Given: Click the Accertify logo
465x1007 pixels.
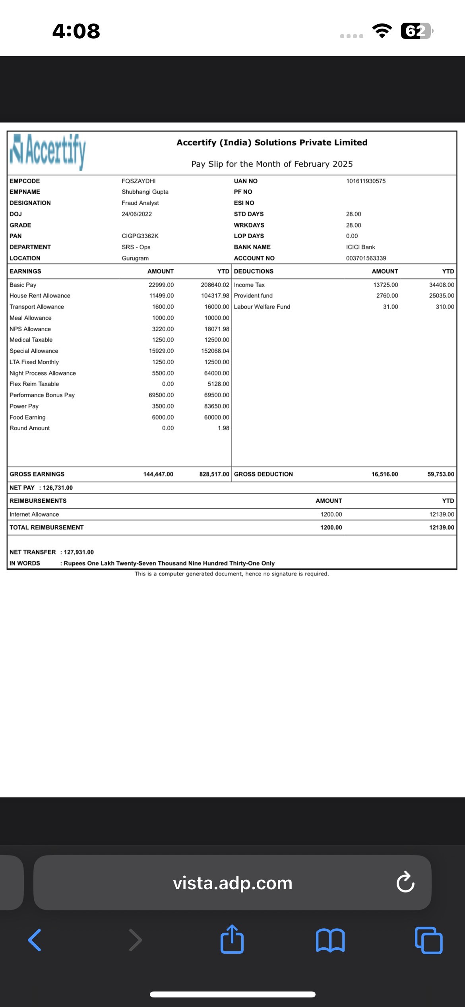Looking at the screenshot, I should [x=48, y=152].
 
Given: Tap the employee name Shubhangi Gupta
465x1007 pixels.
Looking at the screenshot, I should [x=145, y=192].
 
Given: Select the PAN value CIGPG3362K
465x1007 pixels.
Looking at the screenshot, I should [x=140, y=236].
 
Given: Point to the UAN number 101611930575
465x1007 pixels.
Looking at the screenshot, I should [x=366, y=181].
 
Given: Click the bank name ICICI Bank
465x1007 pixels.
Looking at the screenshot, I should [x=360, y=247].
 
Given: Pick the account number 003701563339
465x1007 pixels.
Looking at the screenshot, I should [x=366, y=258].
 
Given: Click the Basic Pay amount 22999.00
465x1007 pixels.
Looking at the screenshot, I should [x=161, y=285].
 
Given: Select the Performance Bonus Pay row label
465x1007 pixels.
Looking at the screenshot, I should [x=42, y=395].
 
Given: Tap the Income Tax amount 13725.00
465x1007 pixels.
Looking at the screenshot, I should [x=386, y=285].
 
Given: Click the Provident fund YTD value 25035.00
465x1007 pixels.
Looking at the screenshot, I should [x=442, y=295].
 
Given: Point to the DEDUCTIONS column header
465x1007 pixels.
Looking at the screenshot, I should [x=254, y=271].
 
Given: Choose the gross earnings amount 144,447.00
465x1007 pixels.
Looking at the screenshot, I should [x=158, y=474].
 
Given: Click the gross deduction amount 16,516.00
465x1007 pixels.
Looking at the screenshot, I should [x=385, y=474].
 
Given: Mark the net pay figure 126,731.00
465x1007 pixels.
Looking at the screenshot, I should [x=58, y=488].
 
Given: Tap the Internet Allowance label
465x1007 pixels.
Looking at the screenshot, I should [x=34, y=514].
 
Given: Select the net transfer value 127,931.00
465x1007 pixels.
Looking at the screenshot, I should [x=79, y=552].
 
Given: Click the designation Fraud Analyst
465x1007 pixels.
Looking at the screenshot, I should [x=140, y=203].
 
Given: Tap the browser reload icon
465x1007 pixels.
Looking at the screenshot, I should [x=405, y=883].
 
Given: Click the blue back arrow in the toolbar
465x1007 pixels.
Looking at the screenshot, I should [x=35, y=940].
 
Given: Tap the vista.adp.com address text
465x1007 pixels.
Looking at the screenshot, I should [x=232, y=883].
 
